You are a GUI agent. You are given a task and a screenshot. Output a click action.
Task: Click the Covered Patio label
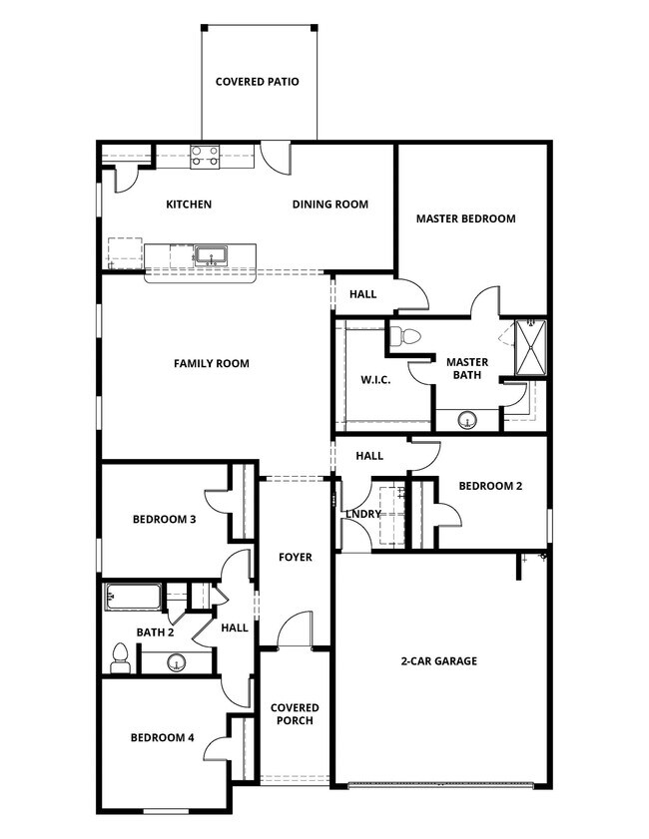click(x=258, y=82)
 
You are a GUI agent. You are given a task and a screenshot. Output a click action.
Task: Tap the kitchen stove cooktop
click(x=205, y=155)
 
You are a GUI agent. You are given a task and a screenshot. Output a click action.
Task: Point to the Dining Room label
click(x=329, y=205)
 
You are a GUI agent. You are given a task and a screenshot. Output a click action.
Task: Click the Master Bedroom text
click(x=465, y=218)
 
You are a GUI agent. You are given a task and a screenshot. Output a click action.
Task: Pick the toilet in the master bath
click(x=404, y=337)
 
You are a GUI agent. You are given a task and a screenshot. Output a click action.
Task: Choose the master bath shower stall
click(x=524, y=348)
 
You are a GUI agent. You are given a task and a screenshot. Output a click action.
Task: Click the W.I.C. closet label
click(x=375, y=380)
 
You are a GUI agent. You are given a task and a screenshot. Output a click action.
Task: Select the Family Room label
click(x=212, y=363)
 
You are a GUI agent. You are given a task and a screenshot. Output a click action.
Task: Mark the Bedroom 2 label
click(x=490, y=486)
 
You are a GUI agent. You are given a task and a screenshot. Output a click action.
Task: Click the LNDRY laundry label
click(x=362, y=515)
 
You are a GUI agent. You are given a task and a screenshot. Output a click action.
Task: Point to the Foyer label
click(x=296, y=557)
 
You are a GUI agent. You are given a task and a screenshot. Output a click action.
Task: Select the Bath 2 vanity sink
click(x=177, y=660)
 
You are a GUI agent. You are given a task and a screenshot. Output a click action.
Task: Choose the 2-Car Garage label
click(x=439, y=660)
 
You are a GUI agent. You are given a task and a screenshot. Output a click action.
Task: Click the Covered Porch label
click(x=295, y=714)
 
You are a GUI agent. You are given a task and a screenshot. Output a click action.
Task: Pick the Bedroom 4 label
click(x=162, y=738)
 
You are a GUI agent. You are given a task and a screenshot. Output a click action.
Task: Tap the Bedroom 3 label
click(x=164, y=519)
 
